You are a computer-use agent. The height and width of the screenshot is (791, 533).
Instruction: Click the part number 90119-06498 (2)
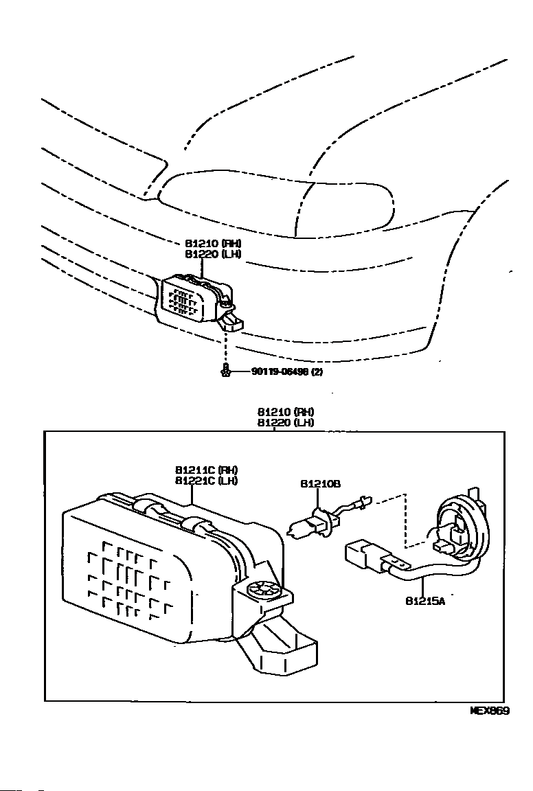tap(287, 371)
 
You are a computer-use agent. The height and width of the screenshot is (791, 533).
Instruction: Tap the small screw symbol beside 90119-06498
tap(225, 371)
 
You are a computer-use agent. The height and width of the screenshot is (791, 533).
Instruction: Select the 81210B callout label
tap(320, 483)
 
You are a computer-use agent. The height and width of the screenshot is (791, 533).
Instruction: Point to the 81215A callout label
tap(425, 601)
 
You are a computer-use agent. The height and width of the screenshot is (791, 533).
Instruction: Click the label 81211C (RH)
tap(206, 470)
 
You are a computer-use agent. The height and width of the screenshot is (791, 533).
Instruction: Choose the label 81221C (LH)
tap(206, 481)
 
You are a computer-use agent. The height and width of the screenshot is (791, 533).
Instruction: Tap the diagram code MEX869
tap(489, 711)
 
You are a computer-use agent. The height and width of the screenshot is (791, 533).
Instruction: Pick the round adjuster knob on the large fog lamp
tap(262, 590)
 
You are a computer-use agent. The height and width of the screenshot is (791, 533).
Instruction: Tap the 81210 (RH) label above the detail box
tap(286, 412)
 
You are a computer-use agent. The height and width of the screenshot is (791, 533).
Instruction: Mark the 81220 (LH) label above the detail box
tap(286, 423)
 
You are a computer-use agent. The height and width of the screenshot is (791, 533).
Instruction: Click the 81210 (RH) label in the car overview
tap(213, 243)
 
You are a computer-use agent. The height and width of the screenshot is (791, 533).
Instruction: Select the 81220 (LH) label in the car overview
tap(213, 254)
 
